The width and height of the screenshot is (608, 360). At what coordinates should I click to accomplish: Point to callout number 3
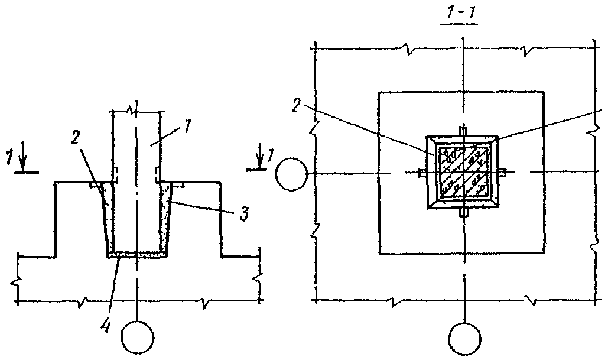click(243, 214)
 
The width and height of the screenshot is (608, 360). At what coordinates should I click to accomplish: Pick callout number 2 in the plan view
click(297, 106)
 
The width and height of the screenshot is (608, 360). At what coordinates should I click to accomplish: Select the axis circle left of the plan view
click(292, 174)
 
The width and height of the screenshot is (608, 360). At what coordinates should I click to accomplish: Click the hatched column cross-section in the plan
click(463, 171)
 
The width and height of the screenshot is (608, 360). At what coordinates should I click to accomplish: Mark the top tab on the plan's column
click(463, 131)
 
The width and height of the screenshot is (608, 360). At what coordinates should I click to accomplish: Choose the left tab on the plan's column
click(422, 173)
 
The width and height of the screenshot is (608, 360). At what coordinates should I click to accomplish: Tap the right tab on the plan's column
click(502, 172)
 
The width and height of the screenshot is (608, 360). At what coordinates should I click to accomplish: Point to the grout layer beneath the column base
click(137, 254)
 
